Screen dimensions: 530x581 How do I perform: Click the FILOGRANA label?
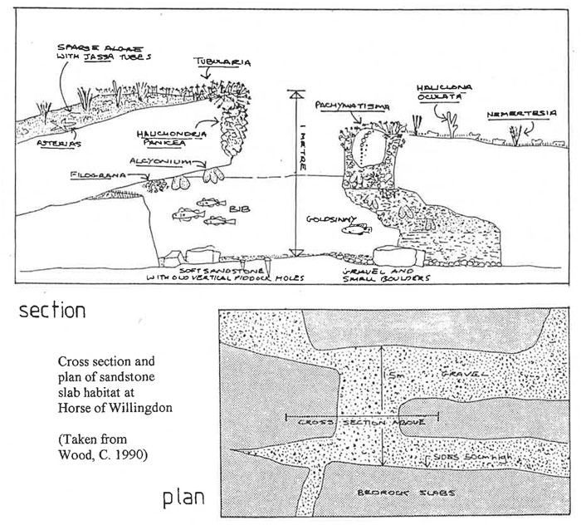tap(89, 176)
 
